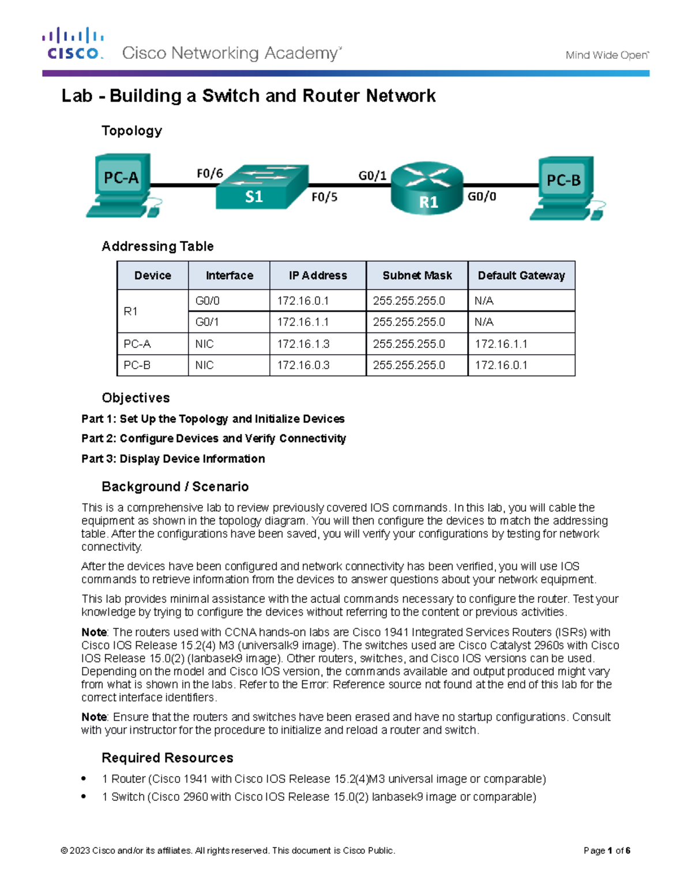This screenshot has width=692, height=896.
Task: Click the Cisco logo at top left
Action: coord(73,44)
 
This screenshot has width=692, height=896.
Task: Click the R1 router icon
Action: coord(427,188)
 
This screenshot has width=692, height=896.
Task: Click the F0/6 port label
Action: coord(209,173)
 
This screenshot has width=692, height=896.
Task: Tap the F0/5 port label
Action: coord(324,197)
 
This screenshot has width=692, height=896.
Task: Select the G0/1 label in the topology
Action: coord(372,175)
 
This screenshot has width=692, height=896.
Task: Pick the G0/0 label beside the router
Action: coord(482,197)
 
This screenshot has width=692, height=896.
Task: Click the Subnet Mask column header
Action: coord(417,276)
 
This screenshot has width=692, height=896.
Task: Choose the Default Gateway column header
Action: coord(521,276)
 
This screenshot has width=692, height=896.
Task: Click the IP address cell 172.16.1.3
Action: coord(303,344)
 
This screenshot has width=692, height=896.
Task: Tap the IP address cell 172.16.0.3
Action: coord(303,365)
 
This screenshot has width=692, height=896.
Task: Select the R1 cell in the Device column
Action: coord(131,312)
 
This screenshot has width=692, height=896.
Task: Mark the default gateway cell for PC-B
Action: coord(501,365)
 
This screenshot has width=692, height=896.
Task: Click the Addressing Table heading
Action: coord(157,246)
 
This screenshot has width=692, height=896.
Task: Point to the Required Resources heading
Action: coord(167,758)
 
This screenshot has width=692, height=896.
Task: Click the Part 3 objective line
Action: coord(173,459)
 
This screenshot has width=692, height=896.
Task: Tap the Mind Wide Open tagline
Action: coord(607,55)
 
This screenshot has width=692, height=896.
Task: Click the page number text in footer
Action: coord(607,850)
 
